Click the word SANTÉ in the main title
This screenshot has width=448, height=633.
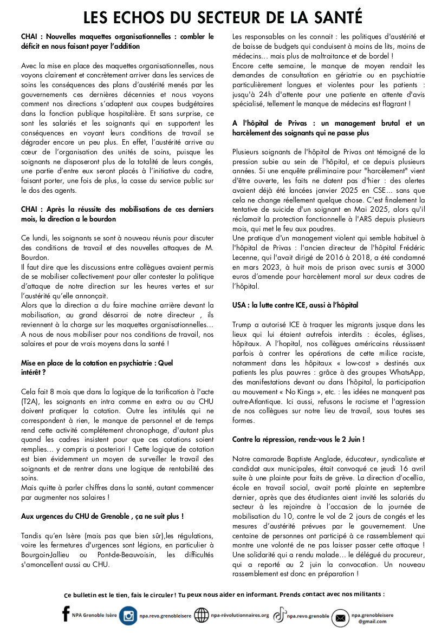click(x=334, y=17)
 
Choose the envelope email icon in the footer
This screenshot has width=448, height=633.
click(x=340, y=617)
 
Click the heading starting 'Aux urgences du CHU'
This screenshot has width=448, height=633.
click(x=102, y=516)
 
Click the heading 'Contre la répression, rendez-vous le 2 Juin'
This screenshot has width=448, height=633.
click(x=298, y=439)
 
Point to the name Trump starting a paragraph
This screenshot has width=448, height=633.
click(x=242, y=324)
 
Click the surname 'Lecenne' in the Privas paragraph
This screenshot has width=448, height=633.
click(x=247, y=257)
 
